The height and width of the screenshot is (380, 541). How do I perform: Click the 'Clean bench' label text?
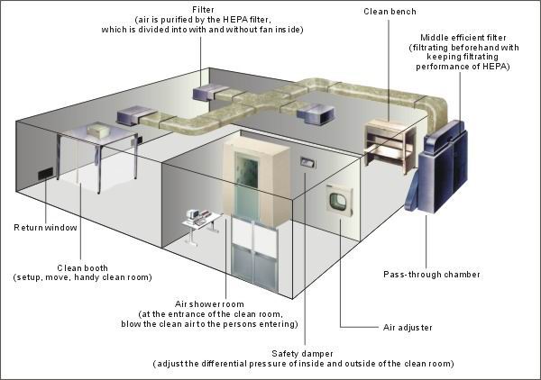point(390,12)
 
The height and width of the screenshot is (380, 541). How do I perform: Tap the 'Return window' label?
point(45,228)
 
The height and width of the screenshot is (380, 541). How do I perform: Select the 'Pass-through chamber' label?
point(432,275)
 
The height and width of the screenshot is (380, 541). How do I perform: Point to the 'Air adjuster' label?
point(408,327)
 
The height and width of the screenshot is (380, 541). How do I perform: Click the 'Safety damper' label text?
point(302,354)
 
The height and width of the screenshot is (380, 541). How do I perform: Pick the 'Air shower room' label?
point(209,304)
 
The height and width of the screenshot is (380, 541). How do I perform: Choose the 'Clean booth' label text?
point(82,267)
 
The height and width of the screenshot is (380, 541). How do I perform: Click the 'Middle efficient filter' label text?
point(463,38)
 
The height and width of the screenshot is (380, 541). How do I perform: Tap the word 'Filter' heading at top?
point(203,10)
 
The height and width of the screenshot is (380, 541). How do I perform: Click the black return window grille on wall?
point(46,174)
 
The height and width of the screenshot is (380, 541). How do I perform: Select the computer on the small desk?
point(192,214)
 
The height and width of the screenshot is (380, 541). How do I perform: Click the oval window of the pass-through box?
point(336,201)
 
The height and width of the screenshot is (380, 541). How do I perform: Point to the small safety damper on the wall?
point(307,162)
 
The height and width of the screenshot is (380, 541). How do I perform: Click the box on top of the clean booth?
point(99,131)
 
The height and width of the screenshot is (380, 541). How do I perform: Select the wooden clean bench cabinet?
point(390,145)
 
